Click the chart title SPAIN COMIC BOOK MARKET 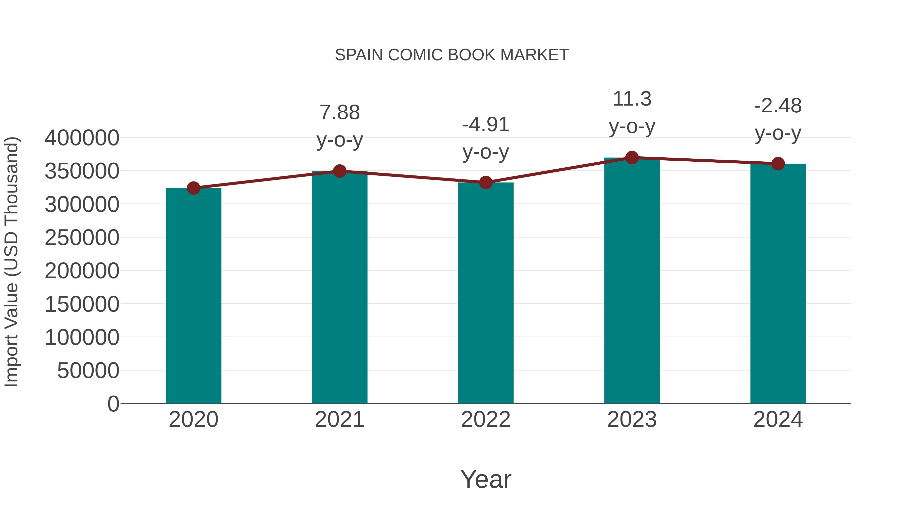point(452,55)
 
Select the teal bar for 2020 point(193,295)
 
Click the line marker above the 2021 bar point(339,171)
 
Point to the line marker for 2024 point(778,163)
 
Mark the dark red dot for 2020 point(193,188)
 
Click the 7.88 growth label point(339,113)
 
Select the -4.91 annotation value point(486,125)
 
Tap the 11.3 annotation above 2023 point(632,99)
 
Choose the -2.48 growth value point(778,106)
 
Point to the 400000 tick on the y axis point(82,138)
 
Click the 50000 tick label point(88,371)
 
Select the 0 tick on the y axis point(113,404)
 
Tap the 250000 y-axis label point(82,238)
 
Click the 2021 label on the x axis point(339,420)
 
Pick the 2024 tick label point(778,420)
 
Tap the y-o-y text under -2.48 point(778,133)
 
